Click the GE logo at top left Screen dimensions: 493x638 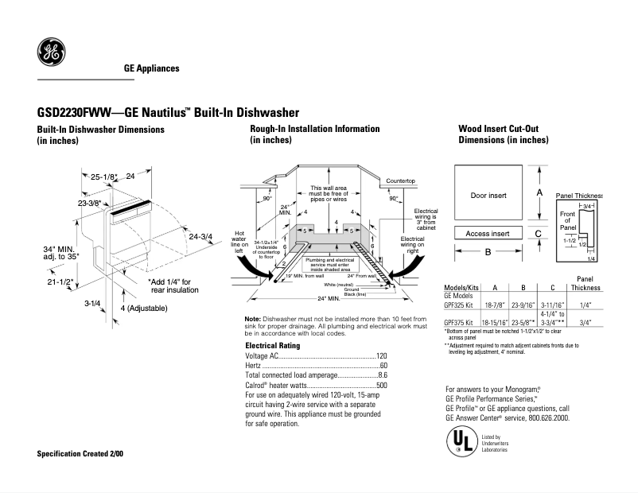51,55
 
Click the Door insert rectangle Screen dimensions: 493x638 488,195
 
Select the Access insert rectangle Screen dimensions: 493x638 488,234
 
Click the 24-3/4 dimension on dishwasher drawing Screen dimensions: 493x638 199,236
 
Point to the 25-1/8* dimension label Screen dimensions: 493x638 103,177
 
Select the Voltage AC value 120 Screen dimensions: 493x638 381,355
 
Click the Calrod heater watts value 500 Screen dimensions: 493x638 381,385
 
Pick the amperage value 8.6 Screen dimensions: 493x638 383,375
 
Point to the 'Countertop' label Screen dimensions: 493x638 402,181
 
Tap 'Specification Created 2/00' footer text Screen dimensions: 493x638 80,453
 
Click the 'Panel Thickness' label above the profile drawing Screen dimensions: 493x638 578,195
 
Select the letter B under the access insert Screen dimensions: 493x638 488,252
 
